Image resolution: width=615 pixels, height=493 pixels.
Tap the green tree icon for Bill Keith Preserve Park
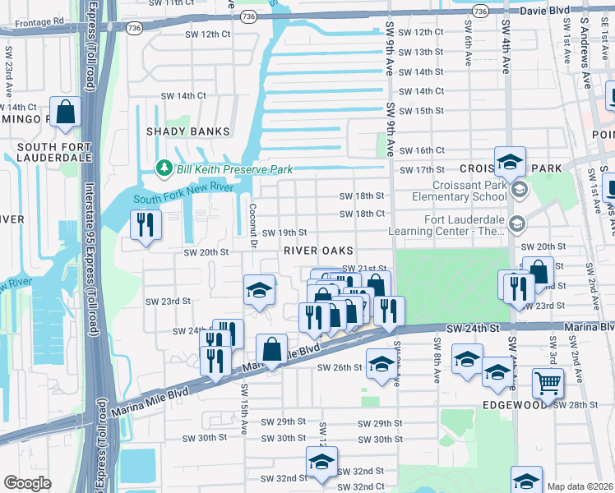(164, 169)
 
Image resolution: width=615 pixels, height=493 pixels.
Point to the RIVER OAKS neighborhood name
(319, 251)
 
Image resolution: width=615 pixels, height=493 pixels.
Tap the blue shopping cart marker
(548, 382)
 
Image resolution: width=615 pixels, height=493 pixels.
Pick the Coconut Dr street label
(253, 224)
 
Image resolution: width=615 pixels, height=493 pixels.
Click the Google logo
(26, 483)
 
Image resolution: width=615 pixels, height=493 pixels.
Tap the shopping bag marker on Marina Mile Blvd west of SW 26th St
(271, 350)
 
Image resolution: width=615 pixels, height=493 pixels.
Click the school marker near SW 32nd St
(321, 462)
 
